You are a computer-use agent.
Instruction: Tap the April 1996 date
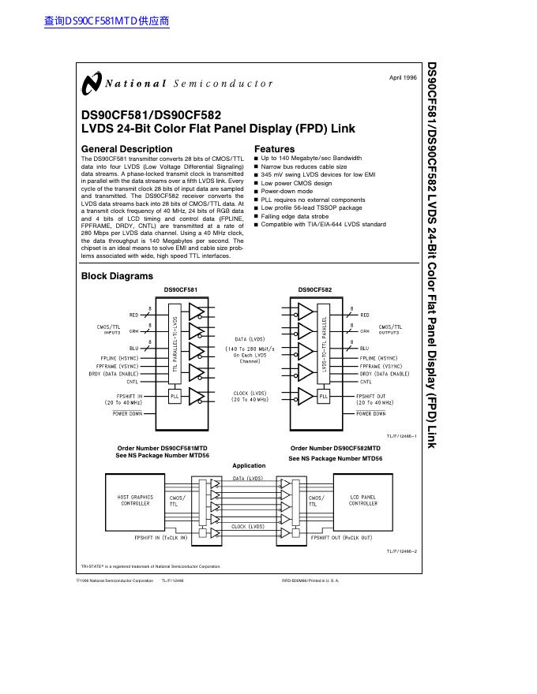tap(403, 77)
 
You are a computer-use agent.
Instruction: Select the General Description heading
tap(126, 149)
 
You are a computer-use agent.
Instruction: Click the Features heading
tap(274, 149)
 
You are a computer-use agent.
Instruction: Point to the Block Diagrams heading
tap(117, 276)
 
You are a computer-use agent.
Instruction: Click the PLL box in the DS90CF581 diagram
tap(175, 397)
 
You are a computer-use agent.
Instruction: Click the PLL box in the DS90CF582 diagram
tap(323, 397)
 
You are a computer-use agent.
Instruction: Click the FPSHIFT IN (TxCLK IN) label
tap(161, 537)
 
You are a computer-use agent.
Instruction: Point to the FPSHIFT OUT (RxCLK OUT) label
tap(340, 537)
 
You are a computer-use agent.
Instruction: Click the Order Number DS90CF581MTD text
tap(162, 448)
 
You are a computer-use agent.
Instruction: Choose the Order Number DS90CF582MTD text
tap(335, 448)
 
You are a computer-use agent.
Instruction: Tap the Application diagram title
tap(249, 465)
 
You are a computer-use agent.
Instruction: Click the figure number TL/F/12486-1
tap(402, 435)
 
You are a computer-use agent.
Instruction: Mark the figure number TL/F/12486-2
tap(402, 551)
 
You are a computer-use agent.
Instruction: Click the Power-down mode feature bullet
tap(287, 192)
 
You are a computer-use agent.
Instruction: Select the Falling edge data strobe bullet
tap(296, 216)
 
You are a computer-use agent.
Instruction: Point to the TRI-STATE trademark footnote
tap(150, 566)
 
